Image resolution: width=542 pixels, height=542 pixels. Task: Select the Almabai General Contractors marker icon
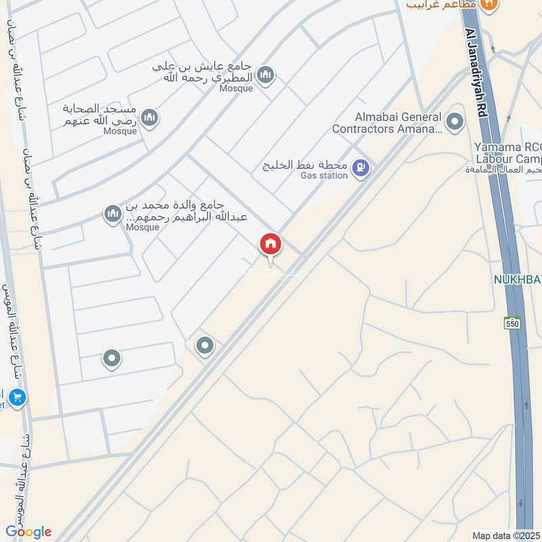455,122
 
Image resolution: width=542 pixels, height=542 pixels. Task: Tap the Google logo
28,531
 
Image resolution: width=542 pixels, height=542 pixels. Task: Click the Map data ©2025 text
505,535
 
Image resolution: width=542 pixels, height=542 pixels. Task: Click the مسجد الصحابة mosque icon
150,117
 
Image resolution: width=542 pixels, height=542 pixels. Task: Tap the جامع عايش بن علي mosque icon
266,75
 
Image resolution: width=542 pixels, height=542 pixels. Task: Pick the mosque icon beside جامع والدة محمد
112,215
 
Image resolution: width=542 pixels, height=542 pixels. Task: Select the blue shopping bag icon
18,397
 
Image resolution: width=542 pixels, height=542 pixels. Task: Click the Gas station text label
324,176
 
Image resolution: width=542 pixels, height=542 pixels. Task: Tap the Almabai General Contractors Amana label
387,122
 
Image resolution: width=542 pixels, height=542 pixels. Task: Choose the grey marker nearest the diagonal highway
205,347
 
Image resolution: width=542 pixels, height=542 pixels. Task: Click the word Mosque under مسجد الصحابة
121,131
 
